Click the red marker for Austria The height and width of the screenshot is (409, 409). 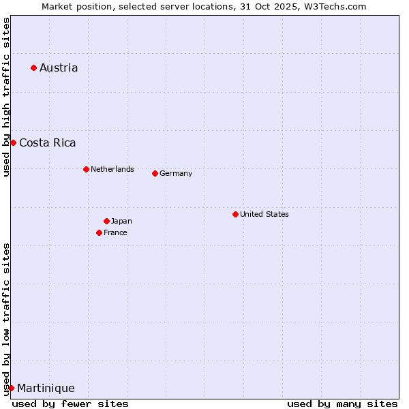pyautogui.click(x=33, y=67)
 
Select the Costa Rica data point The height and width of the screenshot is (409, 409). pyautogui.click(x=13, y=142)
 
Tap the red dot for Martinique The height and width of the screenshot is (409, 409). pyautogui.click(x=11, y=388)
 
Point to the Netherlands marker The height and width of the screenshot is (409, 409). pyautogui.click(x=86, y=169)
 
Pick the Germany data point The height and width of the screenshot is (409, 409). pyautogui.click(x=155, y=173)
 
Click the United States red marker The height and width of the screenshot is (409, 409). pyautogui.click(x=235, y=214)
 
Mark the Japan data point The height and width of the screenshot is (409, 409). pyautogui.click(x=106, y=221)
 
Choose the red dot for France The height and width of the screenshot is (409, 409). pyautogui.click(x=99, y=232)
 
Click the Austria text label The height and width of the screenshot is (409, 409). pyautogui.click(x=59, y=67)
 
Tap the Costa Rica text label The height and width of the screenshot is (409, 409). pyautogui.click(x=48, y=142)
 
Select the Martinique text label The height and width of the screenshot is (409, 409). pyautogui.click(x=46, y=388)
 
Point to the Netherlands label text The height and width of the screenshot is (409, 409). pyautogui.click(x=112, y=169)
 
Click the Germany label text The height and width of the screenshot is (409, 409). pyautogui.click(x=176, y=173)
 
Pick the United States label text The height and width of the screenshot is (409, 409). pyautogui.click(x=264, y=214)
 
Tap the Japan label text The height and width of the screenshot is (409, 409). pyautogui.click(x=121, y=221)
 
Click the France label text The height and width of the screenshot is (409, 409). pyautogui.click(x=115, y=232)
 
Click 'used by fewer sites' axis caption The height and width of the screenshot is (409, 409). pyautogui.click(x=70, y=404)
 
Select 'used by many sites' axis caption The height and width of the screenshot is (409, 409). pyautogui.click(x=342, y=404)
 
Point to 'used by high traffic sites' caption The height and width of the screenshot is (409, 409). pyautogui.click(x=6, y=97)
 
